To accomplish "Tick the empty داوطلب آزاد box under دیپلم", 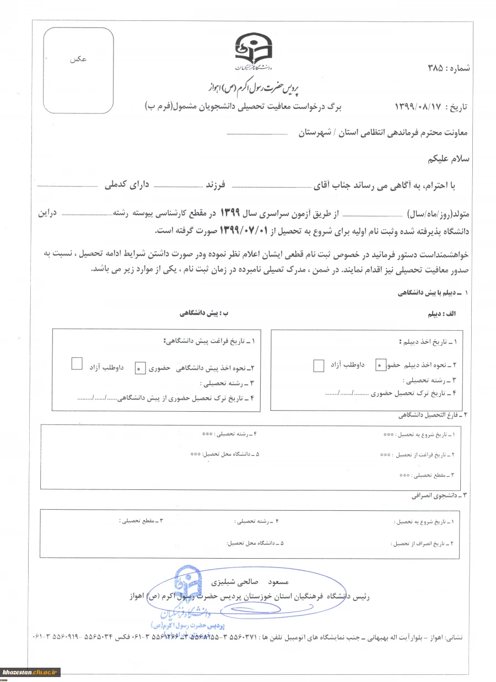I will (319, 365).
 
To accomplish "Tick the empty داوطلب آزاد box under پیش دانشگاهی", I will (78, 363).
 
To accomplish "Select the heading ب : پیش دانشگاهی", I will (203, 313).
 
